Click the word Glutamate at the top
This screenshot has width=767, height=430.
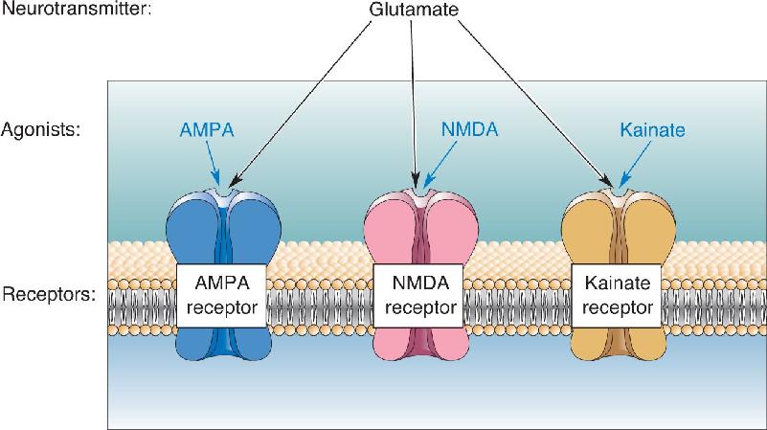414,10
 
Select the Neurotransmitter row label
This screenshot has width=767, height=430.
77,9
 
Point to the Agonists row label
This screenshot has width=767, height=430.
40,130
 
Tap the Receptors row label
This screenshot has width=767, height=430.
49,295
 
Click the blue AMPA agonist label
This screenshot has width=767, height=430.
207,129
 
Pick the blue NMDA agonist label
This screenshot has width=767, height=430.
469,129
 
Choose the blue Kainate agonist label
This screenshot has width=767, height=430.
652,130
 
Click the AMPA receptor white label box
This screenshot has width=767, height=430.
221,296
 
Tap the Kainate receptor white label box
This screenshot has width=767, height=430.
617,296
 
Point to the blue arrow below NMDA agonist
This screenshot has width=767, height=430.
440,165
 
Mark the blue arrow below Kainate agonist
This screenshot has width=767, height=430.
635,165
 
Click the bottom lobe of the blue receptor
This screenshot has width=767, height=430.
223,344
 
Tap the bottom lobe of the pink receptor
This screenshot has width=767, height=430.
420,344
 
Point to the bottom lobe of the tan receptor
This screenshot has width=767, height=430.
619,344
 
